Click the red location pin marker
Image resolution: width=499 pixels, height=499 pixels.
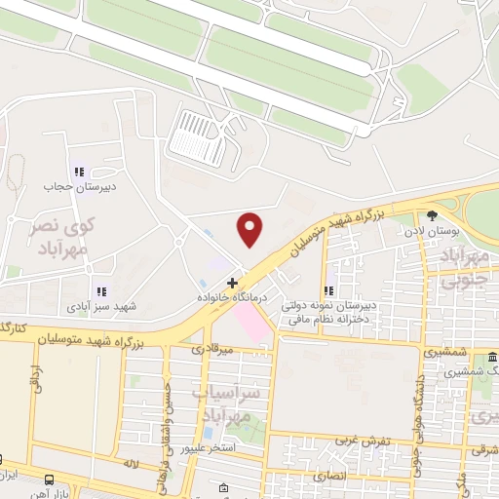click(251, 229)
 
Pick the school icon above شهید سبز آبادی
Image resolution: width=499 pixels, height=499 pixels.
click(99, 290)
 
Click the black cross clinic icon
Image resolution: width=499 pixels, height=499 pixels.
click(231, 282)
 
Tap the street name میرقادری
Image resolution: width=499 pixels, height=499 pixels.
click(211, 348)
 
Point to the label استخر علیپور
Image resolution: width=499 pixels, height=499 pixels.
click(207, 449)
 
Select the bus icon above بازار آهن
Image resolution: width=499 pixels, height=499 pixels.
click(48, 478)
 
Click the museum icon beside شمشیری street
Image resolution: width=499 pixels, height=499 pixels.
click(491, 357)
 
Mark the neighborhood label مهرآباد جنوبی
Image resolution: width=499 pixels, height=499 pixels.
click(466, 268)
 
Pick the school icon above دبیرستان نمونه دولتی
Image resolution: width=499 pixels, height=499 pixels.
click(330, 289)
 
